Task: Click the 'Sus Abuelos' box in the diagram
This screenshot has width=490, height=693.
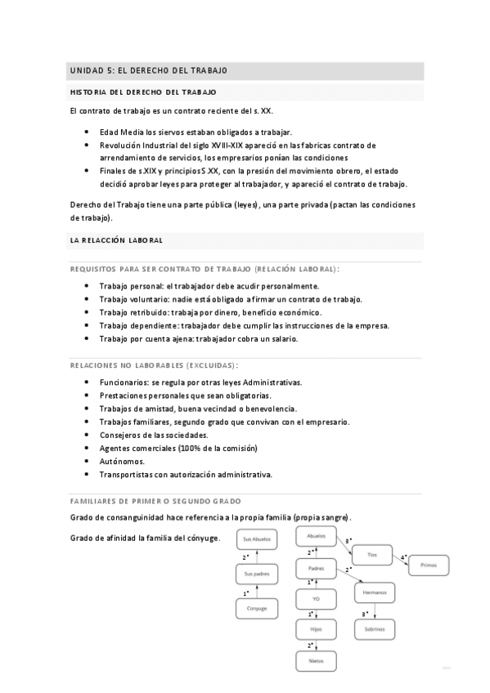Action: click(x=257, y=539)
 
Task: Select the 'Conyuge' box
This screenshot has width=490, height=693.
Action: click(x=257, y=608)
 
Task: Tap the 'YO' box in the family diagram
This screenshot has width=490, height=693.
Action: click(x=317, y=599)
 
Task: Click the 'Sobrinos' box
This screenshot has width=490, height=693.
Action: click(x=375, y=629)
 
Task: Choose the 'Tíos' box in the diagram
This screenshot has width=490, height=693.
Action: click(x=372, y=555)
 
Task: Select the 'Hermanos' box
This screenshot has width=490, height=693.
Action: click(x=375, y=592)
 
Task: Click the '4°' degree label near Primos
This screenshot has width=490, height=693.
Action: click(x=403, y=557)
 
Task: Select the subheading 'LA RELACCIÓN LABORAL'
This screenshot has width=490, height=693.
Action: click(x=117, y=240)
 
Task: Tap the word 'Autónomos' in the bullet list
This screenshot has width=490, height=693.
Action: click(x=121, y=461)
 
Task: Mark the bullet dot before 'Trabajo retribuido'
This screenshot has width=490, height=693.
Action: click(x=88, y=312)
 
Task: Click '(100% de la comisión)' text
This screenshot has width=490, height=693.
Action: click(x=217, y=448)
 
